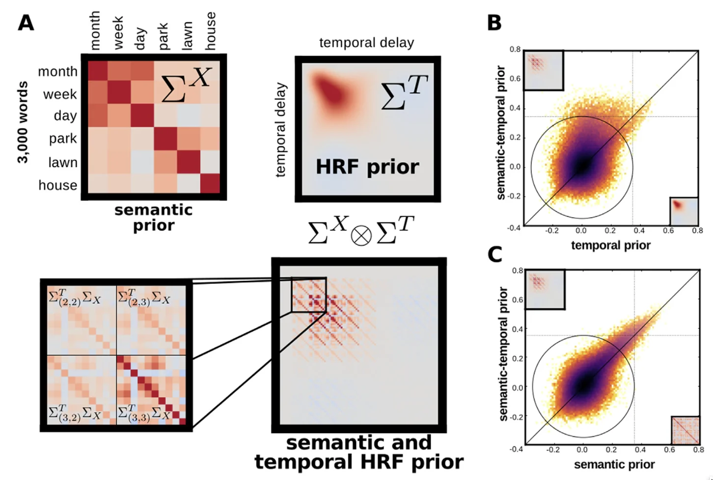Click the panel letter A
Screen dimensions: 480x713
pyautogui.click(x=26, y=23)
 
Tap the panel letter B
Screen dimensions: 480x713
pyautogui.click(x=494, y=23)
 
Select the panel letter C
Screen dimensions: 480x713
pyautogui.click(x=494, y=254)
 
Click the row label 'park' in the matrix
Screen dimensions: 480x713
pyautogui.click(x=63, y=139)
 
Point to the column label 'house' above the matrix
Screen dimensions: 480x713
pyautogui.click(x=210, y=31)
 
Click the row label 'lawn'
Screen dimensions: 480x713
pyautogui.click(x=62, y=162)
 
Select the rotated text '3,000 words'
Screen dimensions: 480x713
pyautogui.click(x=22, y=123)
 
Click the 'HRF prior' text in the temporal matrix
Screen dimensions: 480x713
pyautogui.click(x=367, y=167)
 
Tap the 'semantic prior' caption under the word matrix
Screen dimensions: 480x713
pyautogui.click(x=154, y=217)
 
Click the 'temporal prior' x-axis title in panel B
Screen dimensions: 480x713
pyautogui.click(x=610, y=245)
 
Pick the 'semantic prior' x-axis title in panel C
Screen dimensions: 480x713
pyautogui.click(x=614, y=464)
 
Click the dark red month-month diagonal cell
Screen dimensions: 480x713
pyautogui.click(x=98, y=71)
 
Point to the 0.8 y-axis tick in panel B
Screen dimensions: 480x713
pyautogui.click(x=515, y=49)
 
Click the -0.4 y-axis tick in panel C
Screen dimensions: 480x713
pyautogui.click(x=516, y=449)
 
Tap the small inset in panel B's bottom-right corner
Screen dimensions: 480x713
pyautogui.click(x=684, y=211)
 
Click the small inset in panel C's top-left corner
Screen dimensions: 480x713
pyautogui.click(x=545, y=289)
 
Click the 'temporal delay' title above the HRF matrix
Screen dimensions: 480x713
pyautogui.click(x=366, y=43)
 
